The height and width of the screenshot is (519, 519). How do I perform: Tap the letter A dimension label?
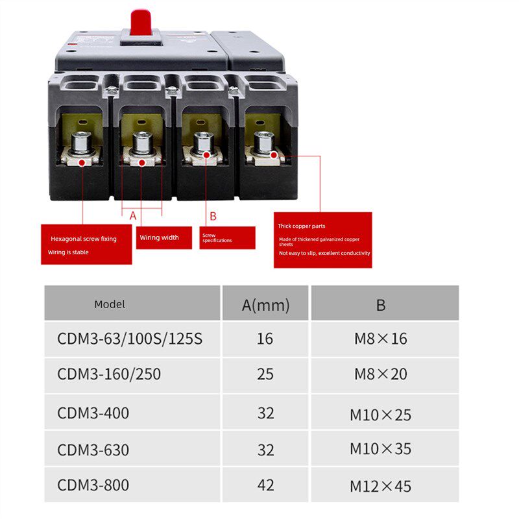[x=133, y=215]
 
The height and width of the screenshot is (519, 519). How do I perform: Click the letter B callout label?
[x=213, y=216]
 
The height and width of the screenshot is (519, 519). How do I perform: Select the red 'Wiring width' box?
[x=166, y=237]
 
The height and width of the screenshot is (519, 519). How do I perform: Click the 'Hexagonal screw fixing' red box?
[x=86, y=245]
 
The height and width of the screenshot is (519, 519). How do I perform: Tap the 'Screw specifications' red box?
[x=228, y=237]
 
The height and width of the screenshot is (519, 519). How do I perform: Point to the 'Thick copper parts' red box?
[x=323, y=240]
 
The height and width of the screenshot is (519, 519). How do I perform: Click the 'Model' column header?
[x=110, y=304]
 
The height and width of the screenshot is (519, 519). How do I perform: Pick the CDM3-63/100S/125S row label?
[x=130, y=339]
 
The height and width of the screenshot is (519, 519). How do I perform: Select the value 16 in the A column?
[x=265, y=339]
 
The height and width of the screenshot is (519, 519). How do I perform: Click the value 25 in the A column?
[x=265, y=374]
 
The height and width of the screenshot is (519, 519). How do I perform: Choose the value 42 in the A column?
[x=265, y=485]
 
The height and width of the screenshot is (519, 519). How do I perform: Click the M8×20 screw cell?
[x=381, y=374]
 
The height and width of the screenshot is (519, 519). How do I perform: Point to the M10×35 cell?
[x=381, y=449]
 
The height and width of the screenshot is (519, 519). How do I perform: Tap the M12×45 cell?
[x=381, y=486]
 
